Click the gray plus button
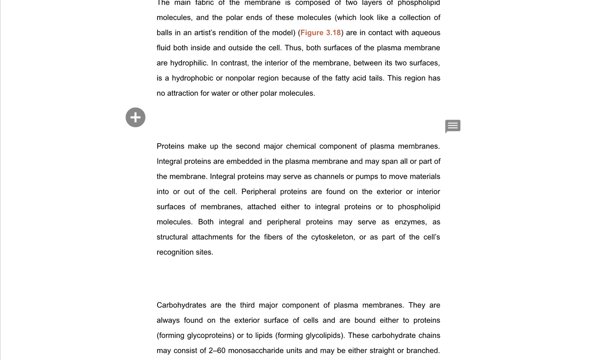coord(135,117)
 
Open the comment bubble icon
coord(453,126)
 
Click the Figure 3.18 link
coord(320,33)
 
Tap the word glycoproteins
coord(211,335)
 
